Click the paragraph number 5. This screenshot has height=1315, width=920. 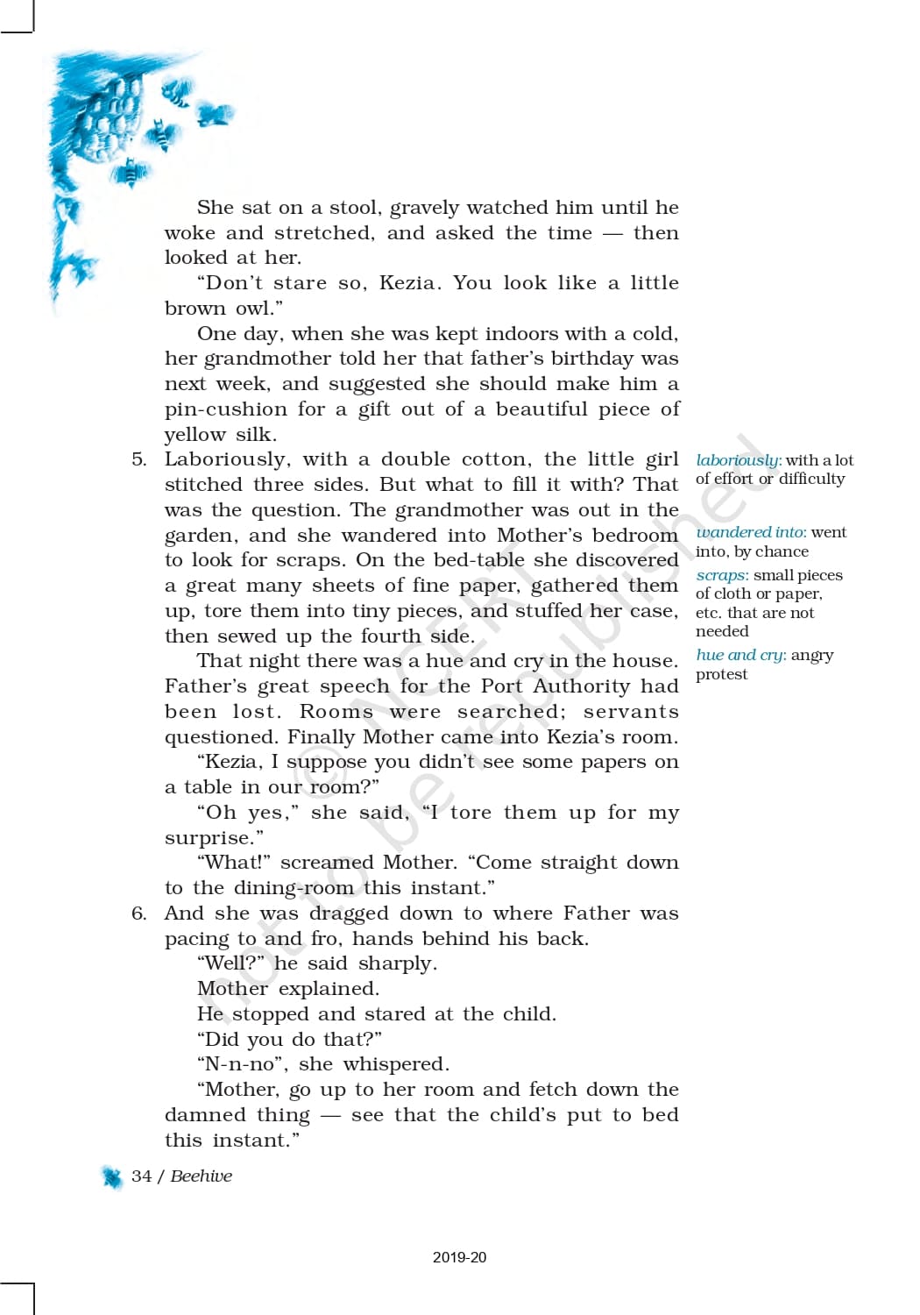click(138, 459)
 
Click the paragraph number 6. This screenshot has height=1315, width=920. click(138, 913)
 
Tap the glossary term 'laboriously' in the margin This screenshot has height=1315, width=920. click(737, 460)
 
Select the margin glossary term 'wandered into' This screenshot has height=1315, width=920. click(750, 532)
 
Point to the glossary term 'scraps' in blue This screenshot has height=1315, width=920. click(721, 575)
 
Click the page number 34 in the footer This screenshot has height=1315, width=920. click(141, 1176)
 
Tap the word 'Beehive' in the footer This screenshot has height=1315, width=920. click(202, 1176)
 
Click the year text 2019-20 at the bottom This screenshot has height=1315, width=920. click(459, 1257)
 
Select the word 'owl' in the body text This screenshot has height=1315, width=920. click(252, 309)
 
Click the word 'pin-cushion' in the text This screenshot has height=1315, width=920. click(225, 409)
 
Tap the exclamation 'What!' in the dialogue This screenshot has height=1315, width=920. click(232, 863)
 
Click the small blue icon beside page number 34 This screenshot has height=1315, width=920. click(112, 1177)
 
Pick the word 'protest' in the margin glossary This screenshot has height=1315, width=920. click(721, 674)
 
